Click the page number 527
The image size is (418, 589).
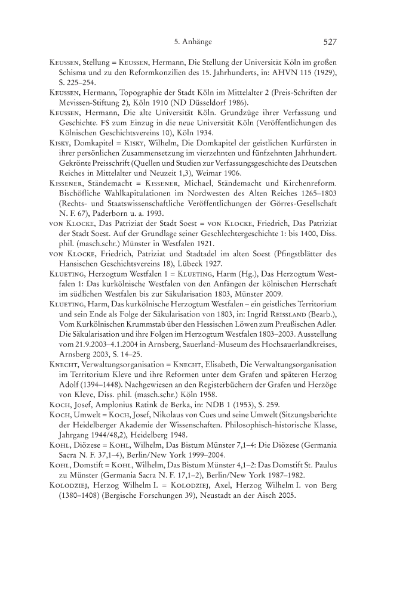(x=331, y=42)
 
